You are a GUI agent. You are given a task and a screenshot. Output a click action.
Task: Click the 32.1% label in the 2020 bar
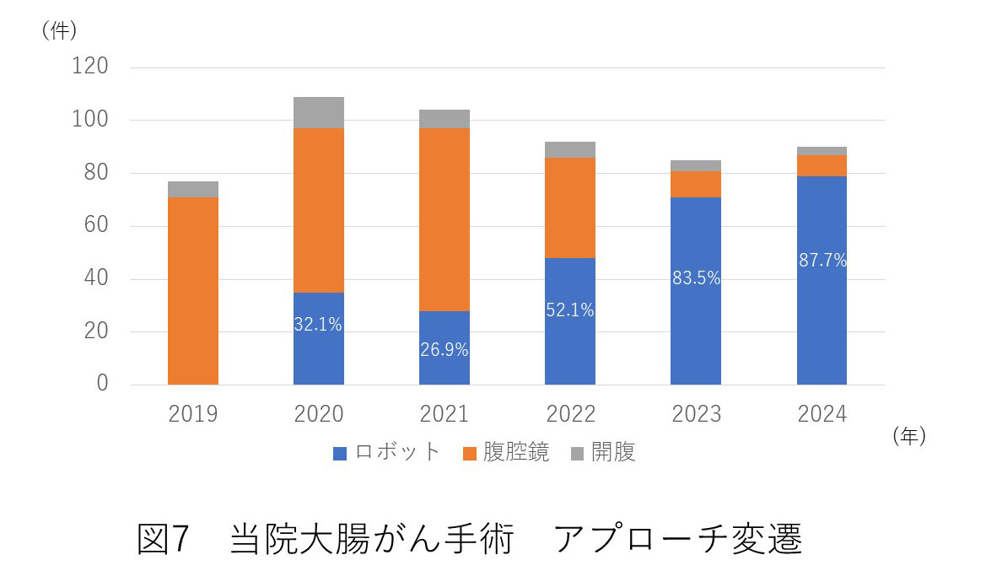318,324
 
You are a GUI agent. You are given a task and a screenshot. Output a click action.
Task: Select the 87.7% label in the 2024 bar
822,261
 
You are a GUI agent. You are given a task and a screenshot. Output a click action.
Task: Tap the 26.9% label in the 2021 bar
445,349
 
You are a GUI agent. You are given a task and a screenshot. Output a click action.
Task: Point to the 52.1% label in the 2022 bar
570,310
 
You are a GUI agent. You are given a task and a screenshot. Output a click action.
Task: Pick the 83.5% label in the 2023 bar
696,278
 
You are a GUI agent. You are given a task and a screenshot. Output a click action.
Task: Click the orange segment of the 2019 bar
193,290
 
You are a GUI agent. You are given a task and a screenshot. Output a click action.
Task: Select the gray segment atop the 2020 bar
319,112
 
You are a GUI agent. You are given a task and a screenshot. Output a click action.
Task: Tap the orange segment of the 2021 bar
445,219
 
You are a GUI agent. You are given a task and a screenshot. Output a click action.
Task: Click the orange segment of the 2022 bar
570,207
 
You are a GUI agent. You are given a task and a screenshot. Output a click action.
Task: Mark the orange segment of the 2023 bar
696,184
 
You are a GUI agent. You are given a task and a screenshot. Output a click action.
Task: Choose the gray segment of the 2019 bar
193,189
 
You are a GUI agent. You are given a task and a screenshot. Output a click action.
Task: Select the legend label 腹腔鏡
516,452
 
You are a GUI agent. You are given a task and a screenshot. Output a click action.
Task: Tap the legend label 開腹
614,452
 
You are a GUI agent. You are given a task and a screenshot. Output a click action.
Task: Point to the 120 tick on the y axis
92,67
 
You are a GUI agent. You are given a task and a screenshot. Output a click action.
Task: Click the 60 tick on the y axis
97,226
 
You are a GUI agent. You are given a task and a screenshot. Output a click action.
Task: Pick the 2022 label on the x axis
570,414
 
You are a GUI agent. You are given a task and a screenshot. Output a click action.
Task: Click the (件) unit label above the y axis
58,31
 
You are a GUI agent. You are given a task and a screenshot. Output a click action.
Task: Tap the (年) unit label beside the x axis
908,436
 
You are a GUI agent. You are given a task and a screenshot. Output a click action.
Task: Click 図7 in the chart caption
165,538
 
